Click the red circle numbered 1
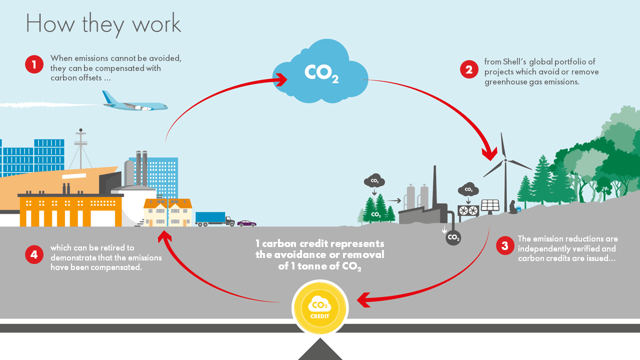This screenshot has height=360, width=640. (34, 64)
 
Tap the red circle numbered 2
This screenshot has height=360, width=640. (469, 69)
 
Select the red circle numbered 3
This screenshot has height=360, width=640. (505, 245)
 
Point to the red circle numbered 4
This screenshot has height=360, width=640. (34, 254)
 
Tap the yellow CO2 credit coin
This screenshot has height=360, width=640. (320, 307)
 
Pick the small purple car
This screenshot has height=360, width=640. (246, 223)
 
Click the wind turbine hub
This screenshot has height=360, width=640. (505, 160)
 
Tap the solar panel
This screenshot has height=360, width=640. (490, 205)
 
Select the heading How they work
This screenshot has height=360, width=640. (103, 23)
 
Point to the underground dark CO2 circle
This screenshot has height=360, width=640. (453, 237)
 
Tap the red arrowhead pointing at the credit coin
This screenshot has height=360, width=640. (364, 300)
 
